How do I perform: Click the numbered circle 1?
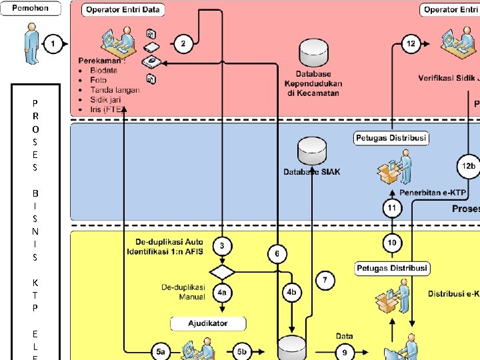coord(53,43)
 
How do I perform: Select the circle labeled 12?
coord(411,43)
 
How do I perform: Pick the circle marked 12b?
coord(469,165)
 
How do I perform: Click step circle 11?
coord(392,209)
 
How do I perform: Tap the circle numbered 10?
coord(392,243)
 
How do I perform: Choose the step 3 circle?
coord(222,246)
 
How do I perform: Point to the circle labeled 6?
coord(277,253)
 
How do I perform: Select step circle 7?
coord(325,280)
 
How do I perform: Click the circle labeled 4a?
coord(222,293)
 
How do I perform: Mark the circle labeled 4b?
coord(291,293)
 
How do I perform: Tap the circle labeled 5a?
coord(160,351)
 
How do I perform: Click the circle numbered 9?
coord(344,351)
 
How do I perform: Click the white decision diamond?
coord(222,272)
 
